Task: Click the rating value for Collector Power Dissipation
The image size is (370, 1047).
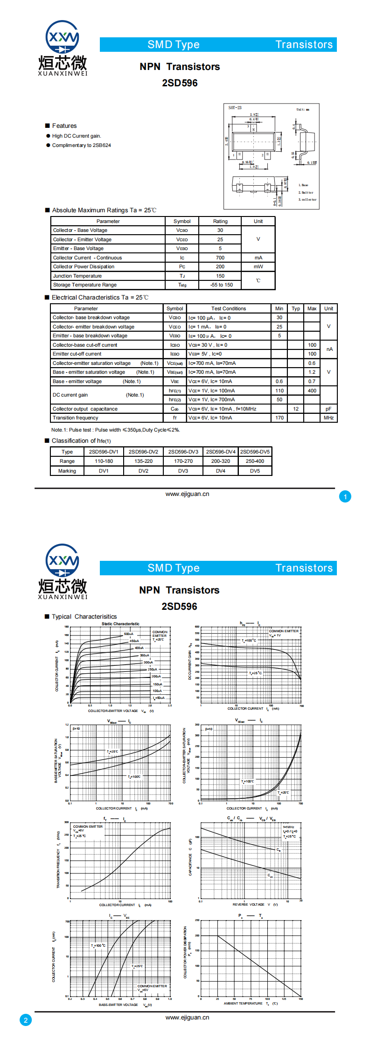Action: tap(220, 267)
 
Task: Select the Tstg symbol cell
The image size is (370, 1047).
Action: tap(182, 285)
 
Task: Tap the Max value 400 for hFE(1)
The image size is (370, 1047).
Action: tap(312, 391)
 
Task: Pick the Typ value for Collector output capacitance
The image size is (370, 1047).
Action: tap(296, 409)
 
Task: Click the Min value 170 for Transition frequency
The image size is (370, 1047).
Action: tap(279, 418)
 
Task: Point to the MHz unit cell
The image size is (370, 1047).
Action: tap(328, 418)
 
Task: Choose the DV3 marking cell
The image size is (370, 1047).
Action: tap(183, 471)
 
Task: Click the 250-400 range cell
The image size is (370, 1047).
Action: tap(255, 461)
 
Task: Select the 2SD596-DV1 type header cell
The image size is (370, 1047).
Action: tap(104, 452)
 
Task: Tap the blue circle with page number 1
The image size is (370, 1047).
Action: tap(345, 497)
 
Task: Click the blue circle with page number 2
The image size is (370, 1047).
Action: tap(26, 1020)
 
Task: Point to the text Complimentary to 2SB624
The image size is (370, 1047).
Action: tap(81, 146)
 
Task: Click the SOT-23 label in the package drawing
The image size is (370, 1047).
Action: tap(235, 108)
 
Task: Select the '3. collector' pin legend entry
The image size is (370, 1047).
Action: tap(307, 200)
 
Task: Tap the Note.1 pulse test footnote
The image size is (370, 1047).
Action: tap(115, 430)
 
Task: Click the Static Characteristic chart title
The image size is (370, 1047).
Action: tap(120, 624)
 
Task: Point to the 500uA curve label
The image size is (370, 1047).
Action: tap(128, 634)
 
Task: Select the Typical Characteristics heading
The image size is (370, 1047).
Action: tap(84, 617)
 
